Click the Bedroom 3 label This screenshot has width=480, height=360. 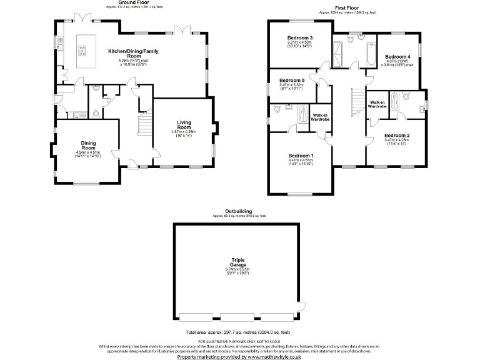(300, 38)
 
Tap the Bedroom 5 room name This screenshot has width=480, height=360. (291, 81)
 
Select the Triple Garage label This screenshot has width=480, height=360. (237, 262)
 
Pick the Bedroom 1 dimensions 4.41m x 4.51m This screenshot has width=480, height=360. (301, 161)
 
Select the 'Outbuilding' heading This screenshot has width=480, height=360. (239, 211)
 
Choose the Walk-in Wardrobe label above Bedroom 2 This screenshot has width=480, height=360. (377, 104)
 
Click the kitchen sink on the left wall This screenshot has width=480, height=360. (57, 43)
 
